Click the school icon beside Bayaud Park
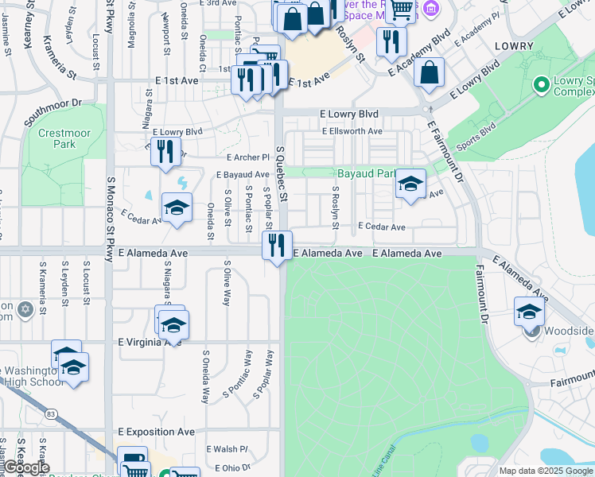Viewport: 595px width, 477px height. (410, 185)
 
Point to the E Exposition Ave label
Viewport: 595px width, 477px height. (156, 432)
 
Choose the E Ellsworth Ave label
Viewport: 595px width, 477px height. (352, 131)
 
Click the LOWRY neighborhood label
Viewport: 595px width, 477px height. (512, 47)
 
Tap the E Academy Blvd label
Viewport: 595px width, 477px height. (419, 55)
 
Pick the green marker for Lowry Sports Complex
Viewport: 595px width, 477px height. (542, 83)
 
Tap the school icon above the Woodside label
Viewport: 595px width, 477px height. (529, 311)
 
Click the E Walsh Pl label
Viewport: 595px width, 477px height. (227, 449)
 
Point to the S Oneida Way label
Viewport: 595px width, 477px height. (205, 377)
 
